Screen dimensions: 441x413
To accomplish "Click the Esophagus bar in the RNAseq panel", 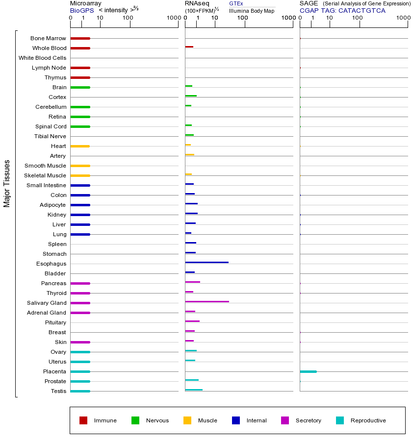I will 206,263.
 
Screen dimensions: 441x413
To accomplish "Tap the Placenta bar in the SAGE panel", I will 308,371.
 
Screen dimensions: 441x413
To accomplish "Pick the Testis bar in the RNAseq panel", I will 194,390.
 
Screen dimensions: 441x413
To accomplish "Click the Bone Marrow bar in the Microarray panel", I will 80,38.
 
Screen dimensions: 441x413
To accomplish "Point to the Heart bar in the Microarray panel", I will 80,146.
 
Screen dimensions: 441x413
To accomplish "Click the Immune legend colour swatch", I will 83,420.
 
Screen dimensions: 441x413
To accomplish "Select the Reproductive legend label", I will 368,420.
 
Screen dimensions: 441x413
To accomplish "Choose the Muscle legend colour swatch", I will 187,420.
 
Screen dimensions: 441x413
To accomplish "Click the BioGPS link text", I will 82,10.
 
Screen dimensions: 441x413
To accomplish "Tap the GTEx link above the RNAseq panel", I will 236,3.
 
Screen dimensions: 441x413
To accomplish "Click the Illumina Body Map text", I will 252,10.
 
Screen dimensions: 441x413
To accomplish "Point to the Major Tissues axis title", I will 7,183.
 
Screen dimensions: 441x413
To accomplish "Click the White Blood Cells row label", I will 42,58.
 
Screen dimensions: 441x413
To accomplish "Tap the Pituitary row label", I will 55,322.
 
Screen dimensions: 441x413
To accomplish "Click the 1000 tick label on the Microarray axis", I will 173,18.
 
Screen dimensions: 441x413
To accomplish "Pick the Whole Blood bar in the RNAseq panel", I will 189,47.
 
